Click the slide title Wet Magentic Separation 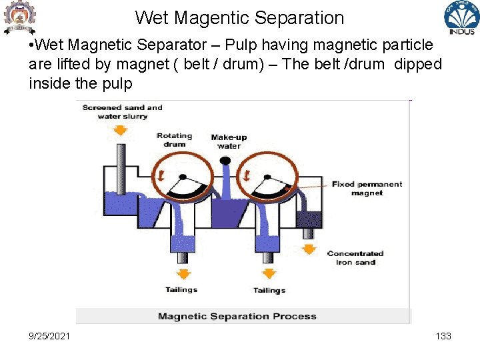point(239,18)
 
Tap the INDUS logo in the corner point(461,18)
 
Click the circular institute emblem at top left point(19,17)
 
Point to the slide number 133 point(443,336)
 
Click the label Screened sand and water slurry point(122,112)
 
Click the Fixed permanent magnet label point(367,189)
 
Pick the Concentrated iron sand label point(355,258)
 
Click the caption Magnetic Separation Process point(237,316)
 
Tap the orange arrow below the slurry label point(120,130)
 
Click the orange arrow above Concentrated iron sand point(309,248)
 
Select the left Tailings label point(181,289)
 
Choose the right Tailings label point(269,290)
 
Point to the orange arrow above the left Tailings point(181,273)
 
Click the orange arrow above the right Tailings point(269,273)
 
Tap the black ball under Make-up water point(225,161)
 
